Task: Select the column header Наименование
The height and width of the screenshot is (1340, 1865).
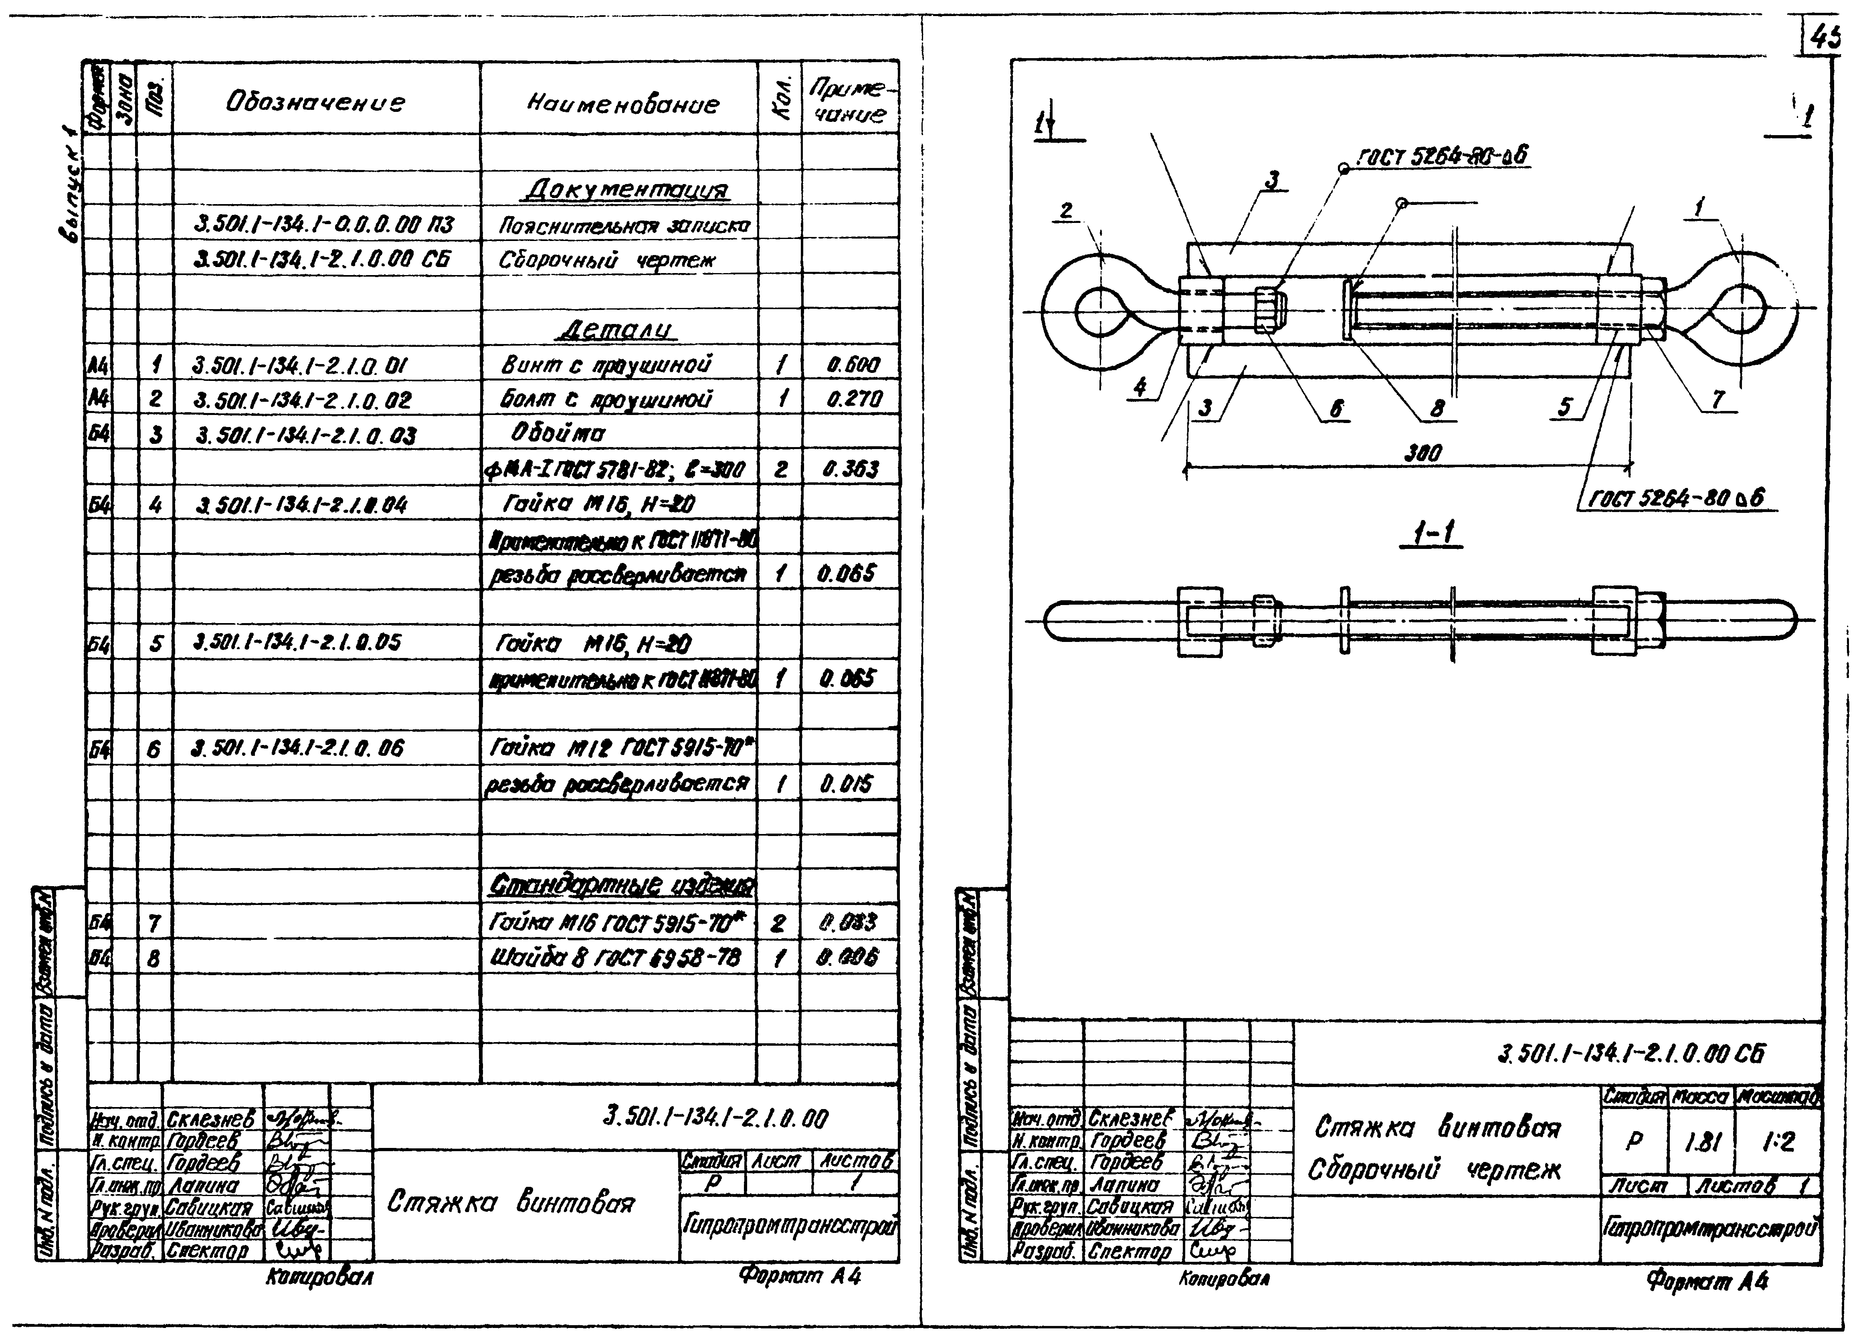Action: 622,105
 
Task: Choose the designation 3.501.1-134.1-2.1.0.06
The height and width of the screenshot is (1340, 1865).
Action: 298,749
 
